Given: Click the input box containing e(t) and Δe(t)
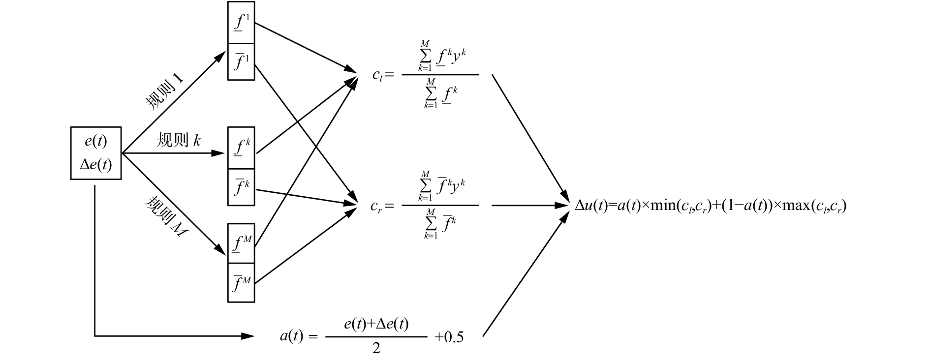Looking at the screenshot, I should coord(96,153).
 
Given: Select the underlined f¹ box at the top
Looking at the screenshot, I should coord(241,23).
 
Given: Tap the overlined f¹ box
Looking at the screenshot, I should coord(241,61).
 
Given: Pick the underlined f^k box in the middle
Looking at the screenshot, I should coord(241,148).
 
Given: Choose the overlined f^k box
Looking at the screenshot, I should coord(241,187).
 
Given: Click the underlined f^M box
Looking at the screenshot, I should coord(241,243).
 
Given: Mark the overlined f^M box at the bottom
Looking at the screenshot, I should coord(241,283).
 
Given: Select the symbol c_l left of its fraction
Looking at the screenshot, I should coord(377,75).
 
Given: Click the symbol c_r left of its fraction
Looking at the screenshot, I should coord(376,206).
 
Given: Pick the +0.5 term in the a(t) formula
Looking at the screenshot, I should coord(449,337).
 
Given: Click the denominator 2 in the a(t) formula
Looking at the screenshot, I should coord(376,348).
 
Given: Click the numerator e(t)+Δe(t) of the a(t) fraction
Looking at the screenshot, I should coord(376,325).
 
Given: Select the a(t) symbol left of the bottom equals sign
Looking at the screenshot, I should coord(291,337).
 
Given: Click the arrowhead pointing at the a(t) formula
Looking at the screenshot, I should coord(249,336).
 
